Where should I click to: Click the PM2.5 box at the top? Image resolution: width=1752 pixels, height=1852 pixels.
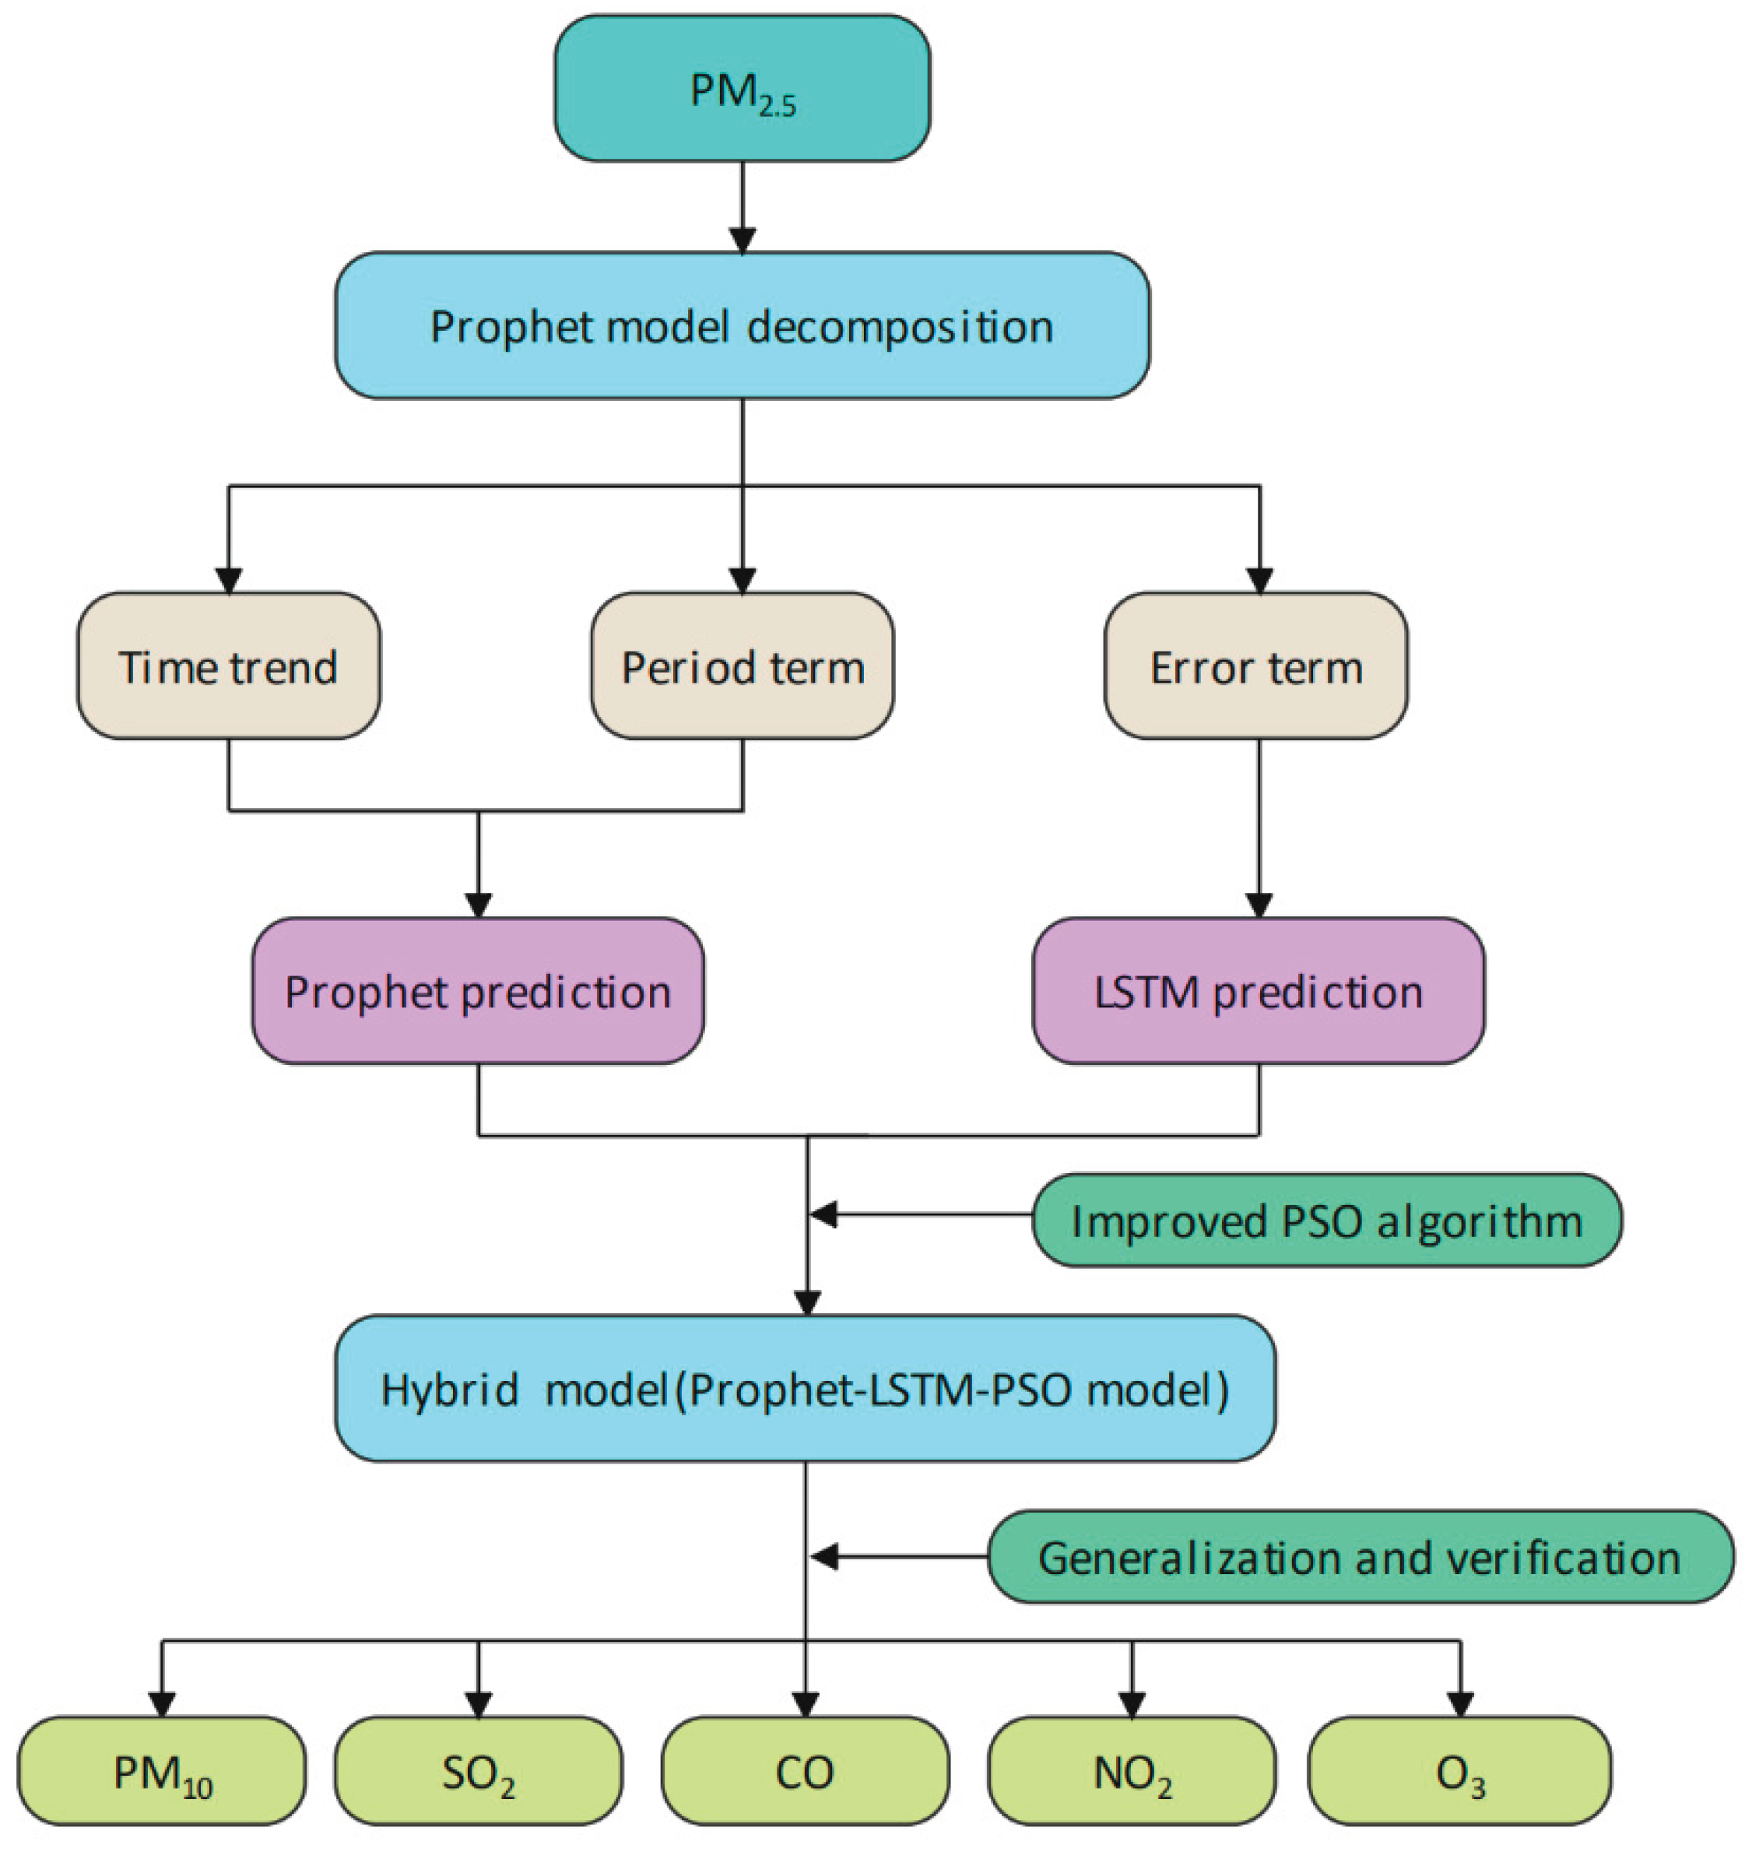(x=743, y=89)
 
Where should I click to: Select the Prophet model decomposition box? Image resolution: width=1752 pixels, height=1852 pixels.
(x=743, y=326)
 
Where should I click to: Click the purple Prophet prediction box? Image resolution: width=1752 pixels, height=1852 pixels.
(x=478, y=991)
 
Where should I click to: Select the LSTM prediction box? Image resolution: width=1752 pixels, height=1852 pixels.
(x=1258, y=991)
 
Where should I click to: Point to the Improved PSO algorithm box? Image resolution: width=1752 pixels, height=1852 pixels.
(x=1326, y=1221)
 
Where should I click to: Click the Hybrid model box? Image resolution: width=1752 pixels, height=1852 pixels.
(x=805, y=1389)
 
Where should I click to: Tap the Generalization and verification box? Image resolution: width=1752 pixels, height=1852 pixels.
(x=1360, y=1558)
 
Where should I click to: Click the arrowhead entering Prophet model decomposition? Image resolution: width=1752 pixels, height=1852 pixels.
(x=743, y=243)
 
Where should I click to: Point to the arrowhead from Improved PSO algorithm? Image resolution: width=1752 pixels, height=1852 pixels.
(x=823, y=1215)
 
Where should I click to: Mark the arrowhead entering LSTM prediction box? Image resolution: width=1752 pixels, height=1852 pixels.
(x=1260, y=907)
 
